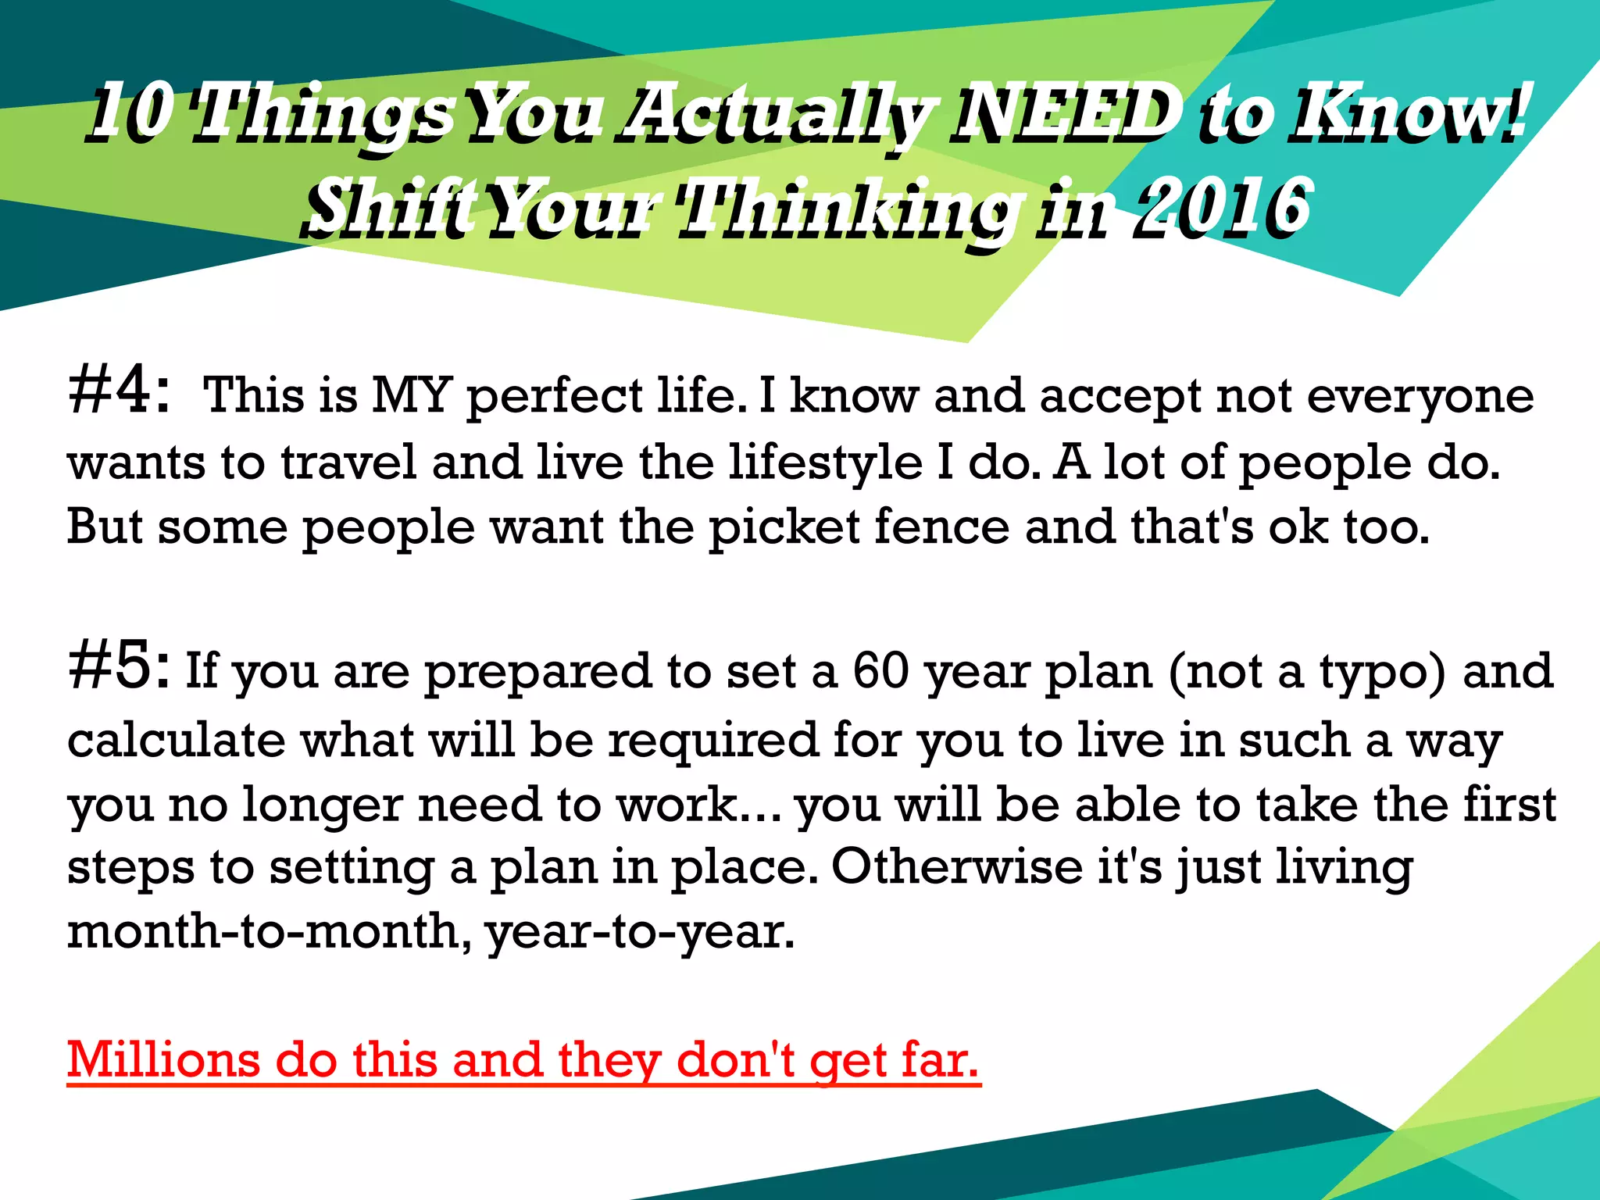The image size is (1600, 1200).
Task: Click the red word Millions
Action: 164,1060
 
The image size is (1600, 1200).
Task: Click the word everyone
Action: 1420,396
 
